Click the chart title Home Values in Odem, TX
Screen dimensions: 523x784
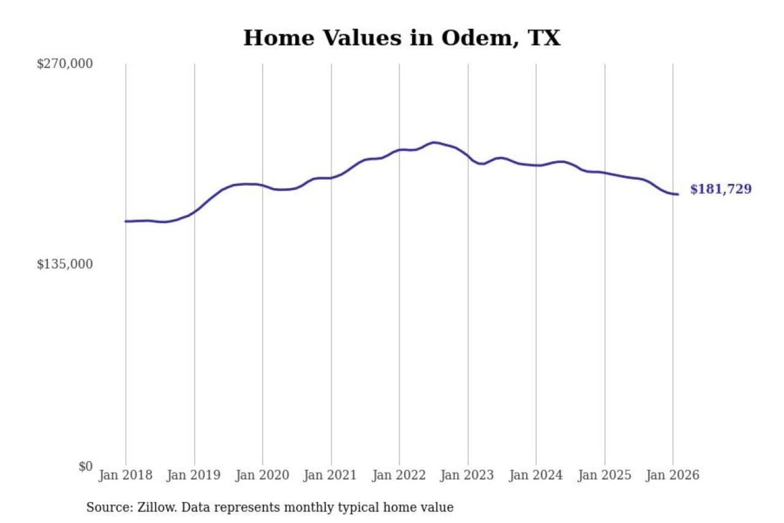(401, 38)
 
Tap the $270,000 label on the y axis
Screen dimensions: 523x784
(65, 64)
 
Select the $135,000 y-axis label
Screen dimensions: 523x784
(65, 264)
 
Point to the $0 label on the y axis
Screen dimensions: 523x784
(85, 466)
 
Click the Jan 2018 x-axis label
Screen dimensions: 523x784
(125, 475)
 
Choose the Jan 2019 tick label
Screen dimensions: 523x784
(193, 475)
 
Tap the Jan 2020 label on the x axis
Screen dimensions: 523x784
(262, 475)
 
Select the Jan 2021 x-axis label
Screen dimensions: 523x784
(330, 475)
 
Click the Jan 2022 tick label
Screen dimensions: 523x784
(399, 475)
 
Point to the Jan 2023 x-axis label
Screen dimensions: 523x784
(467, 475)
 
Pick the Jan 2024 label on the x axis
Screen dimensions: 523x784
(535, 475)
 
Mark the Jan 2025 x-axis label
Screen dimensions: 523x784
(604, 475)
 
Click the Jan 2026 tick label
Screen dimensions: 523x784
(672, 475)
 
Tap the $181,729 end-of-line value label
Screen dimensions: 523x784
(720, 189)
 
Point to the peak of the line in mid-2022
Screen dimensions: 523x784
(434, 143)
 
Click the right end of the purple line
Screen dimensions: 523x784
(678, 194)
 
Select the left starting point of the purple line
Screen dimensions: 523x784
(126, 221)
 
